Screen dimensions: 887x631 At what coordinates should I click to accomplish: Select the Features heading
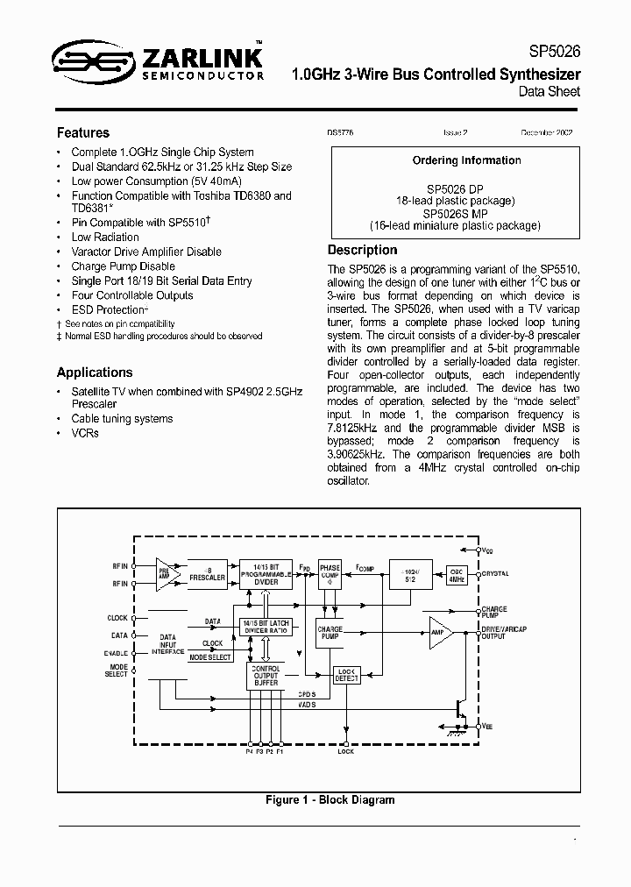point(83,133)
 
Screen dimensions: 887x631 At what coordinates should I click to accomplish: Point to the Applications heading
point(95,373)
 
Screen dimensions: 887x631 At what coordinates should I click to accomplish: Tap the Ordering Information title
point(466,160)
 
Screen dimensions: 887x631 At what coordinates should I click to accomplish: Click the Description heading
point(362,250)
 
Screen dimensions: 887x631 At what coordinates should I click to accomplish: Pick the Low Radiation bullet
point(105,237)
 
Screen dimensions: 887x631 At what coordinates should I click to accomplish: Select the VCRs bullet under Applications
point(85,433)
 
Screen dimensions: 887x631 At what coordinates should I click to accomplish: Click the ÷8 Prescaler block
point(208,574)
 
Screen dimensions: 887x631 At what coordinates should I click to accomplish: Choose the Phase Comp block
point(330,573)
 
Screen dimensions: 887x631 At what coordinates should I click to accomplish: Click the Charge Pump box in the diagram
point(330,632)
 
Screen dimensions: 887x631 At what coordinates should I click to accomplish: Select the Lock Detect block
point(347,674)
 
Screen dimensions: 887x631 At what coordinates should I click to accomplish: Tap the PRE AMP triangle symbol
point(166,574)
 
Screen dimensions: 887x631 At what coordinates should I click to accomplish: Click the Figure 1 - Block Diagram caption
point(330,799)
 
